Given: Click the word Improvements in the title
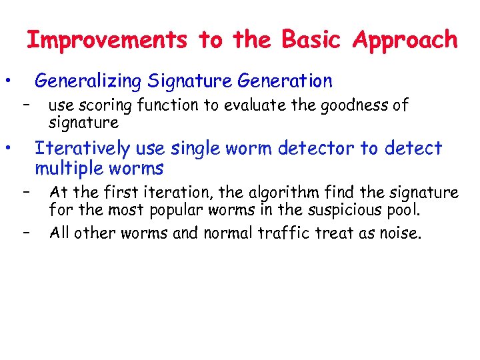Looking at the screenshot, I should click(107, 40).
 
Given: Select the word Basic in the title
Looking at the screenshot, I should click(316, 40).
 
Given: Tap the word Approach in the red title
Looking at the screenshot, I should click(405, 40).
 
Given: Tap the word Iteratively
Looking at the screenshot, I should click(80, 148).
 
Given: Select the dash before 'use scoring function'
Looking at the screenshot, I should click(27, 105).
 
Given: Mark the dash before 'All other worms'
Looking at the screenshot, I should click(27, 233).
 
